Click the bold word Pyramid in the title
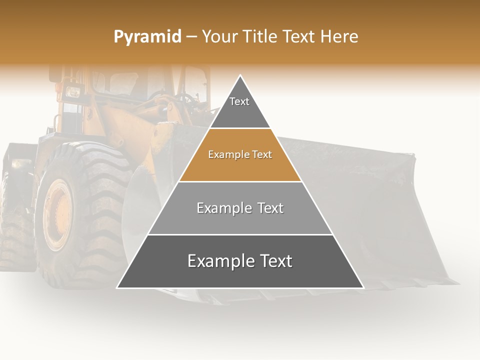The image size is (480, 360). [x=147, y=37]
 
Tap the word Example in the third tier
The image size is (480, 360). [x=223, y=208]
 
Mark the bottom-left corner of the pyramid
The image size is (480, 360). [x=117, y=287]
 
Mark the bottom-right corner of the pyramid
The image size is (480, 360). [x=363, y=287]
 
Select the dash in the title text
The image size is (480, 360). [x=191, y=36]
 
